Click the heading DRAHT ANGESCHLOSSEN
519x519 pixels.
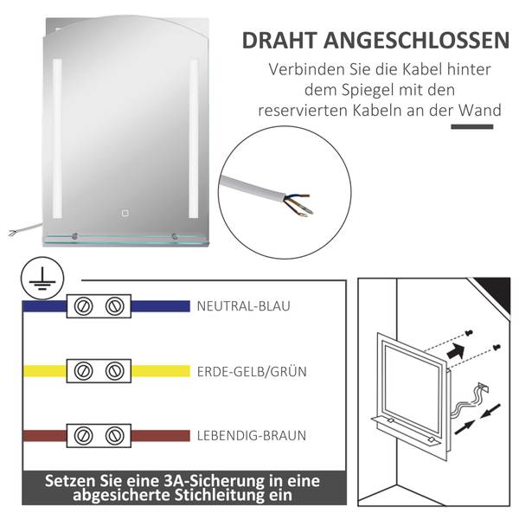pyautogui.click(x=375, y=41)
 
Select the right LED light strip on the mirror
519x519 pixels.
pyautogui.click(x=193, y=138)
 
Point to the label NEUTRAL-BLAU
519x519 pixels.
pyautogui.click(x=243, y=306)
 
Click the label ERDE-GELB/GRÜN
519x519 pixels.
pyautogui.click(x=251, y=371)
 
